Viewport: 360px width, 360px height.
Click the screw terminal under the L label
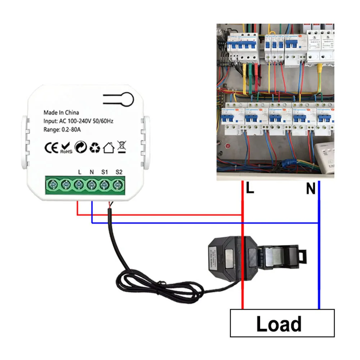point(79,185)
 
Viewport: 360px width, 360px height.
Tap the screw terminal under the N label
point(92,185)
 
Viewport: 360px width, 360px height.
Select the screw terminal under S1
point(105,185)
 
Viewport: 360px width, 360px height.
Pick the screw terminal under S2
point(118,185)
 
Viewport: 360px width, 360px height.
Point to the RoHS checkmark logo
point(66,147)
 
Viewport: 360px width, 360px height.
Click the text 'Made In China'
point(61,113)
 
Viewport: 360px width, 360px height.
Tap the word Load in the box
point(279,324)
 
